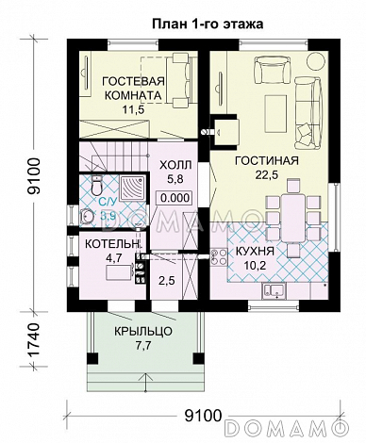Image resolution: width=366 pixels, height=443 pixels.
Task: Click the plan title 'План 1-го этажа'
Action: tap(208, 25)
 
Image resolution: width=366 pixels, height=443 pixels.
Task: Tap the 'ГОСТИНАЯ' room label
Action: tap(267, 161)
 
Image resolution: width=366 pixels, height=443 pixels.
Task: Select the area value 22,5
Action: tap(267, 175)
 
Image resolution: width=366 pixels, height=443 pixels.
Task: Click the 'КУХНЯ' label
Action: tap(255, 252)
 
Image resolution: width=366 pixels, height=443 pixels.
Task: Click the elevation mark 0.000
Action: tap(175, 198)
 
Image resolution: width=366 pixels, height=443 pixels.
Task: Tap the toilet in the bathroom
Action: tap(95, 186)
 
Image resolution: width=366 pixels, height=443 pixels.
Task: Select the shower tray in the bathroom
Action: tap(132, 189)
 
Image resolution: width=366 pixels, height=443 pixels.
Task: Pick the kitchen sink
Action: tap(274, 290)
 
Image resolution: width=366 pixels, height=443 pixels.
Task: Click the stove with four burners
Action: tap(219, 256)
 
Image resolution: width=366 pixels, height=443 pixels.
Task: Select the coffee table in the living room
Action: tap(276, 113)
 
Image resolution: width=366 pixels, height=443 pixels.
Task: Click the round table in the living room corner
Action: tap(315, 61)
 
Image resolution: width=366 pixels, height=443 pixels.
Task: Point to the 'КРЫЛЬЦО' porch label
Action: tap(143, 332)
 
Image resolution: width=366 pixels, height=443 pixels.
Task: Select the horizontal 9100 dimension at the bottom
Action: tap(203, 417)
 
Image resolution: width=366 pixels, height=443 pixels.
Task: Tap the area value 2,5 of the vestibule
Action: tap(166, 281)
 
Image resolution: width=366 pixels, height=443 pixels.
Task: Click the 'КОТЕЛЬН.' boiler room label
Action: tap(112, 244)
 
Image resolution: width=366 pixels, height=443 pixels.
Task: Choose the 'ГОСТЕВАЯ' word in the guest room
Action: tap(134, 81)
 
